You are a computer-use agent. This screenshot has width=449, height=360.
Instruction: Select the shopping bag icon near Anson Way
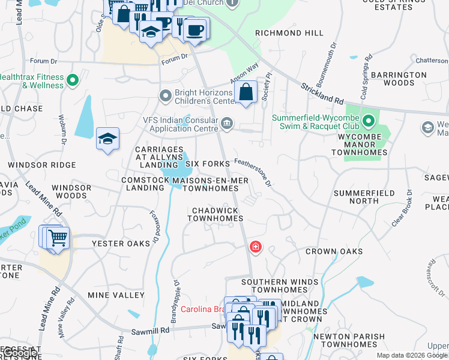click(246, 93)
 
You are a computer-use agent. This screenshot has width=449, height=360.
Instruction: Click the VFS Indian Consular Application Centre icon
click(227, 124)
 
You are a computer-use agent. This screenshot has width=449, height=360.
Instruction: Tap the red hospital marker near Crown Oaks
click(256, 247)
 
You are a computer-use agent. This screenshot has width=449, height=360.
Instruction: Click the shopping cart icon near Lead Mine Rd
click(58, 238)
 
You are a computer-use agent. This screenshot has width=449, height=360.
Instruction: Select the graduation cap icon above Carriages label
click(107, 139)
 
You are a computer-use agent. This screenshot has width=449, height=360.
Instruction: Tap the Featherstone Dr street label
click(253, 171)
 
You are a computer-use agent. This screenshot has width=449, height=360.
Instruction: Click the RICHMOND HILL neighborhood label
click(282, 33)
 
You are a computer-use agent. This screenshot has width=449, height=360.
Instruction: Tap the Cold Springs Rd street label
click(366, 77)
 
